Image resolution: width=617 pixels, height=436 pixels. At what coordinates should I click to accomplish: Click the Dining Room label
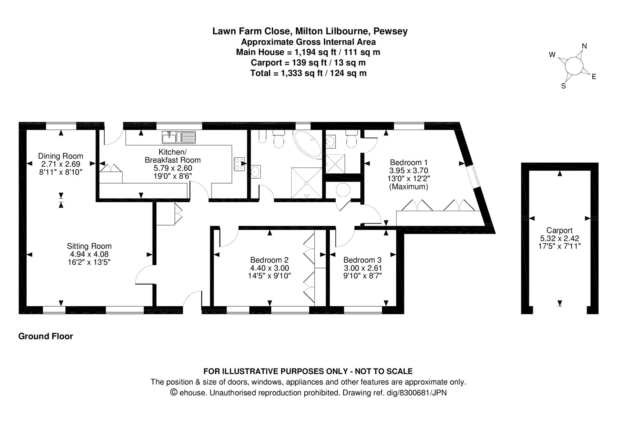[x=60, y=156]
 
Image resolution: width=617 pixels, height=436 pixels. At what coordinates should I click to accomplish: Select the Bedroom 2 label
[x=269, y=260]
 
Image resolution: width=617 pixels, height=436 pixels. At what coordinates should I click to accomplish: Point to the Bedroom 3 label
[x=362, y=260]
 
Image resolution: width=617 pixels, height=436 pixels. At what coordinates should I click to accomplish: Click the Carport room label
[x=559, y=231]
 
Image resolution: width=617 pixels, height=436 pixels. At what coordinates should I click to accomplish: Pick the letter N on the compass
[x=584, y=46]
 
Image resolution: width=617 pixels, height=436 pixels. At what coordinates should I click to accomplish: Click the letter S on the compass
[x=564, y=86]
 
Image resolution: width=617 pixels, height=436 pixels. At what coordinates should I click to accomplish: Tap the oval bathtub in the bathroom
[x=308, y=145]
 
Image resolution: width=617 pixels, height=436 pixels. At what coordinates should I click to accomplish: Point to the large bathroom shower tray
[x=306, y=180]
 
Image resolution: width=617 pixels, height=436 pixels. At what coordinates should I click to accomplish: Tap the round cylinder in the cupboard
[x=342, y=191]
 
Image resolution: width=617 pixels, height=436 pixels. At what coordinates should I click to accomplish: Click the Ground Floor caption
[x=46, y=336]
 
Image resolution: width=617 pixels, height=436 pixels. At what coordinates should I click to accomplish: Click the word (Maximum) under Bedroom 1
[x=409, y=187]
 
